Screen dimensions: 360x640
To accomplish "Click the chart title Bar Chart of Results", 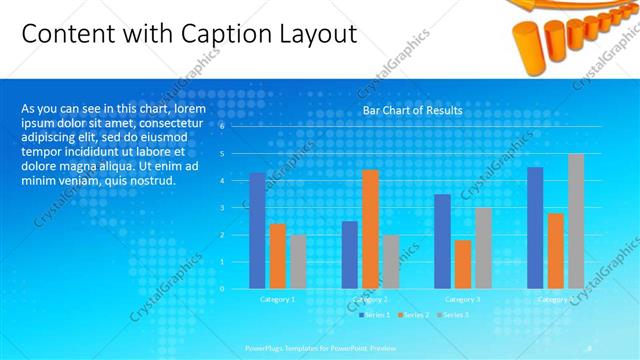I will coord(412,109).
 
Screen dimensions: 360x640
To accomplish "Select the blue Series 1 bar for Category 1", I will coord(257,230).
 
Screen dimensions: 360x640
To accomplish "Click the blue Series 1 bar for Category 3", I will coord(442,241).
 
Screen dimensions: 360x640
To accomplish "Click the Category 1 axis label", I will coord(277,299).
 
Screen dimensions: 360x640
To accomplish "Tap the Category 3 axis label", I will coord(462,299).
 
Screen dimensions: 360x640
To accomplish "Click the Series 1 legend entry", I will coord(375,315).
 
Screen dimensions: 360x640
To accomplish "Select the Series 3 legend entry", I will coord(451,315).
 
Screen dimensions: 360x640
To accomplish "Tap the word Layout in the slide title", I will coord(315,34).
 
